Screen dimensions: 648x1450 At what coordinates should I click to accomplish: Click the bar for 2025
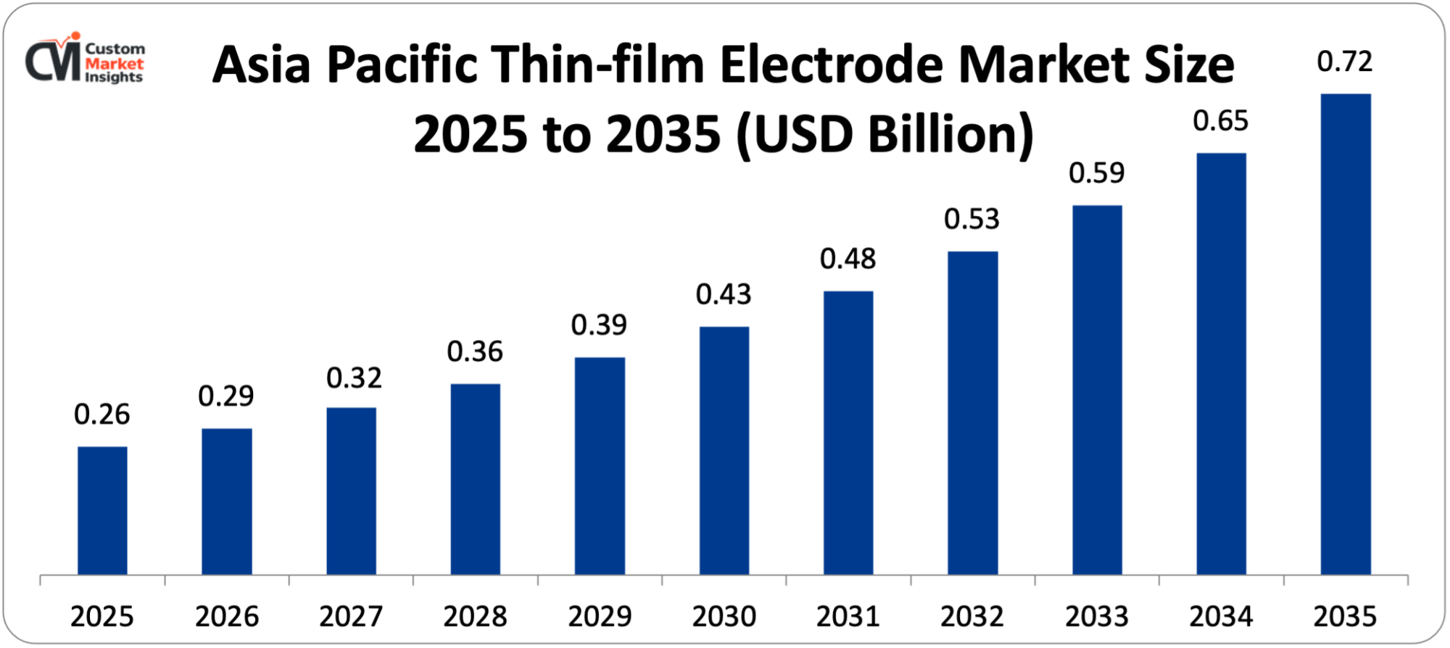(x=102, y=510)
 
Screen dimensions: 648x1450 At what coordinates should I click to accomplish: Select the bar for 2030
(x=724, y=450)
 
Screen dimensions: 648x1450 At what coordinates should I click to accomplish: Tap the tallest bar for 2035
(x=1346, y=334)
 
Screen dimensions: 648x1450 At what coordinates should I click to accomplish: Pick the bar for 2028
(x=475, y=479)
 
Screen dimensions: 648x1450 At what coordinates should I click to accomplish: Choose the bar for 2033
(x=1097, y=390)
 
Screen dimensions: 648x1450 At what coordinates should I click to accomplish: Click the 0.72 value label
(x=1345, y=62)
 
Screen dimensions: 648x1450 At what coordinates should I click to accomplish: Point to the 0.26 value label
(x=102, y=415)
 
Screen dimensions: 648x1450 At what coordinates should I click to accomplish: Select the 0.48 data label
(x=848, y=259)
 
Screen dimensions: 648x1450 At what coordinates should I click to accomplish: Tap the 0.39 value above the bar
(x=599, y=325)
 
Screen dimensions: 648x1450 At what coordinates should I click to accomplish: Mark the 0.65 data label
(x=1221, y=121)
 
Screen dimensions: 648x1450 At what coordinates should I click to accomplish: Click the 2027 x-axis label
(x=351, y=617)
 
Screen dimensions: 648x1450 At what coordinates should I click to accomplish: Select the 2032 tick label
(x=972, y=617)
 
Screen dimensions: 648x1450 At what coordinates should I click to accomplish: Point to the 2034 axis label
(x=1221, y=617)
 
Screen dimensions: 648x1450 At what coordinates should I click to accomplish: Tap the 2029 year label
(x=600, y=617)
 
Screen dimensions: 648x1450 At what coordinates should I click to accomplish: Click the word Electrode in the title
(x=832, y=65)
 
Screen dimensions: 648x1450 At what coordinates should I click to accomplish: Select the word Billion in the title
(x=950, y=135)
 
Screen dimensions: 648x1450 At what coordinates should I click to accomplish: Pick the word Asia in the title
(x=262, y=65)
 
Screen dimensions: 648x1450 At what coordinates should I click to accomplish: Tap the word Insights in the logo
(x=114, y=78)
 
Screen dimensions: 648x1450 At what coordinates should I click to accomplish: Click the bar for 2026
(x=227, y=502)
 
